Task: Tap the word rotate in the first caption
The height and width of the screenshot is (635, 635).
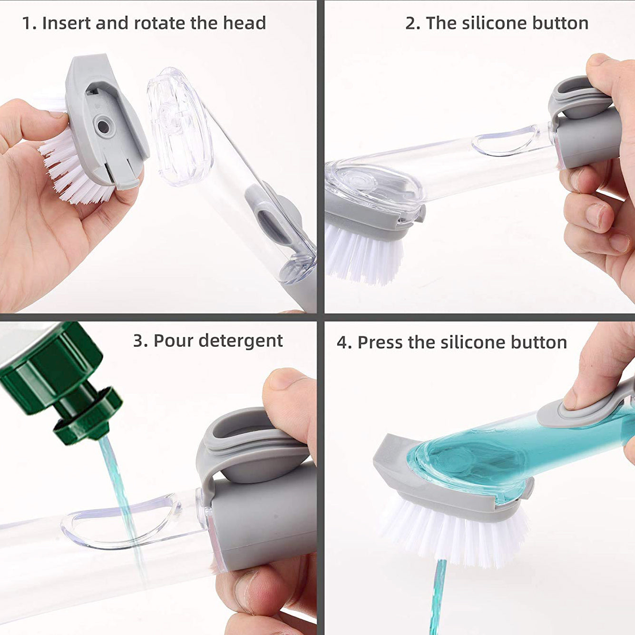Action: [x=160, y=23]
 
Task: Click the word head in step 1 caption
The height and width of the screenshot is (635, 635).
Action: [x=247, y=23]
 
